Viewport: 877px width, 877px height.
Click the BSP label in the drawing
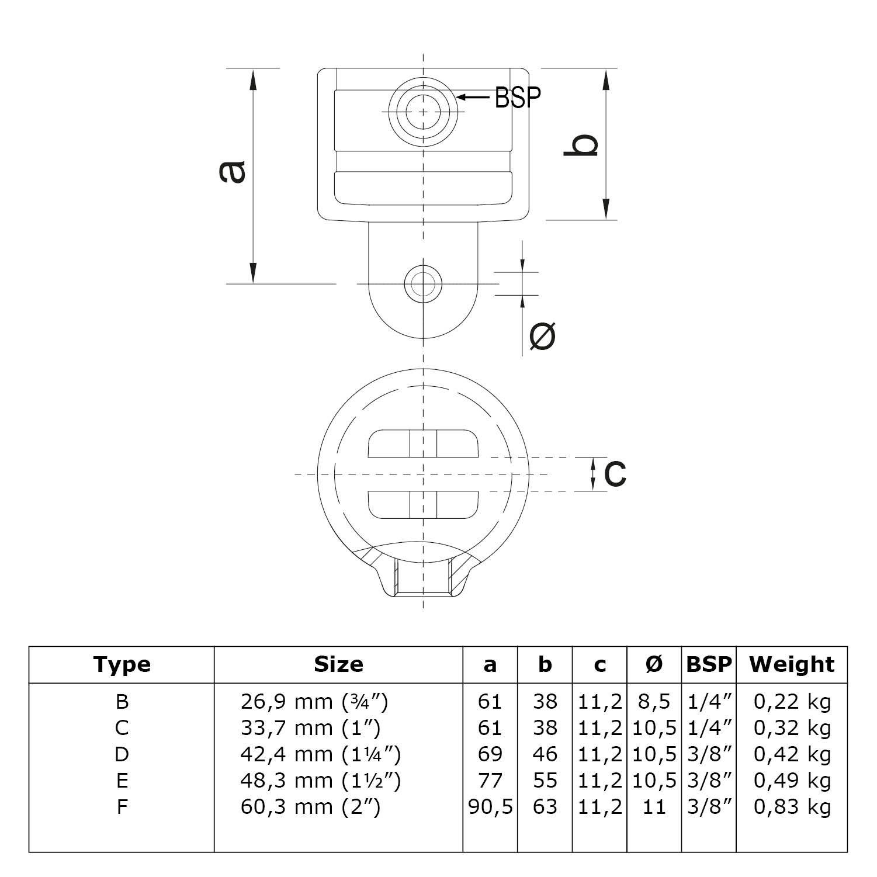click(517, 97)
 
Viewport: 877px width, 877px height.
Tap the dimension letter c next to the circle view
click(615, 473)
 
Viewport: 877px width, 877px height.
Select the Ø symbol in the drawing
click(542, 336)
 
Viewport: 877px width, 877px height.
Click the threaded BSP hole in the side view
click(423, 111)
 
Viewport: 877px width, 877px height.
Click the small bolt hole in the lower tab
click(423, 284)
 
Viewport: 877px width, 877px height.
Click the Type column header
click(122, 664)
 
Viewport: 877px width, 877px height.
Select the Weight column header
click(792, 664)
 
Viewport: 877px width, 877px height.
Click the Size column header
click(338, 664)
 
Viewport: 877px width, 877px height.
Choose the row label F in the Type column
click(122, 807)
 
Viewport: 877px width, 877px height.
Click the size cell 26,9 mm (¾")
click(314, 701)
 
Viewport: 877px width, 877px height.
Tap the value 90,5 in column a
click(490, 807)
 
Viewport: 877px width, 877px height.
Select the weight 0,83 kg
click(792, 807)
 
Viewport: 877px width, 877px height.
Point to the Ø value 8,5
click(654, 701)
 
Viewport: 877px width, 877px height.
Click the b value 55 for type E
click(545, 781)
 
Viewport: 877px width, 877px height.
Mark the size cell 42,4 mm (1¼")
click(320, 754)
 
